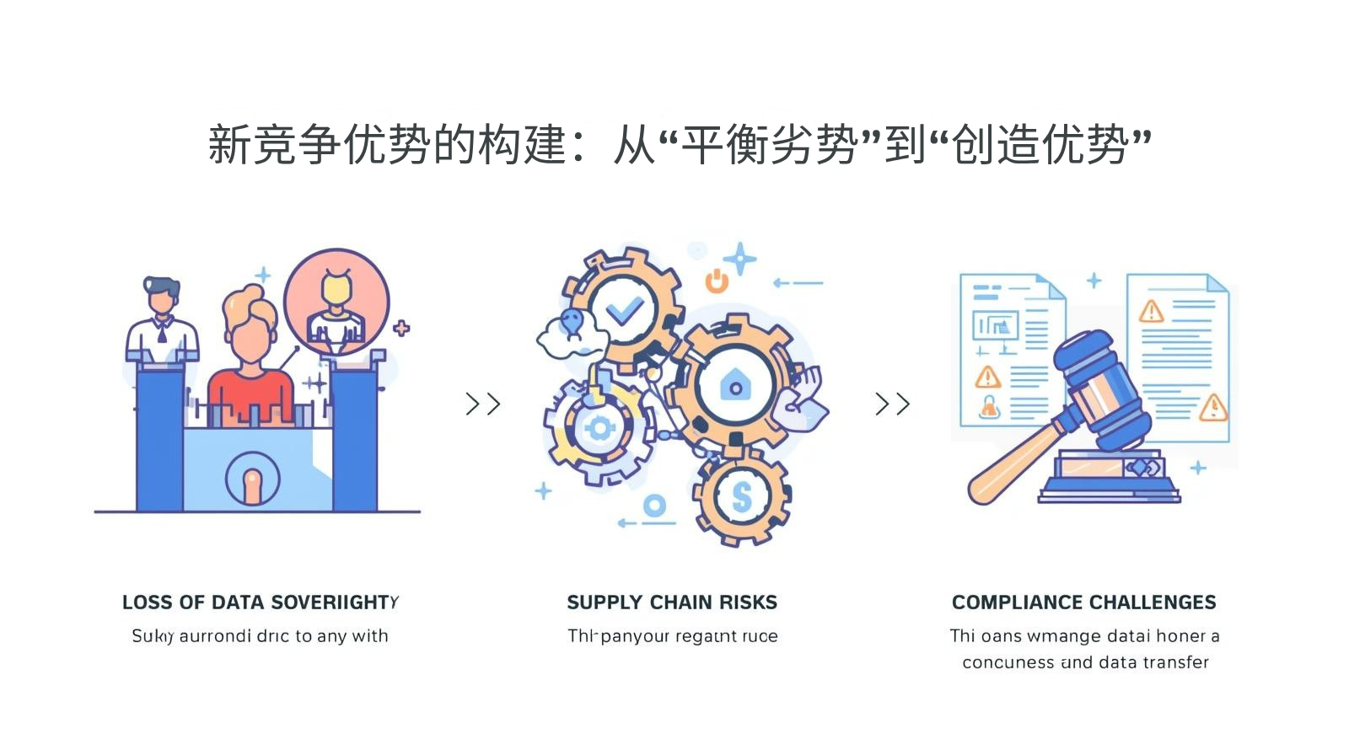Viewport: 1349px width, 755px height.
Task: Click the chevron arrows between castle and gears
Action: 483,404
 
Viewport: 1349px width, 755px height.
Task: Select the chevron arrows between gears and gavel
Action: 892,404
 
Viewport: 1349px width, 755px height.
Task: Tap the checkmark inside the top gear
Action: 625,311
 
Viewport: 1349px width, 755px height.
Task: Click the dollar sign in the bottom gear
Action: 741,497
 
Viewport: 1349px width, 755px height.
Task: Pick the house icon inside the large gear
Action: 735,385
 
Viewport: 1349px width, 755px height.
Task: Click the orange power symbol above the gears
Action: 717,281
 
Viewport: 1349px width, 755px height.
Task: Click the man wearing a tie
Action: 162,320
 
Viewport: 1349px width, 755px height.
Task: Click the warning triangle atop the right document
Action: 1151,312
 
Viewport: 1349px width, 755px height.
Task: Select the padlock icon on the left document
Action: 989,408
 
